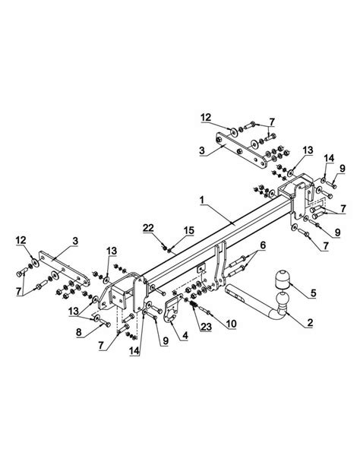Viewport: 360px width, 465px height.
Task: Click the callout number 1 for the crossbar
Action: (202, 200)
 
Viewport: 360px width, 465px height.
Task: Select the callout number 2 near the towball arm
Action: (310, 322)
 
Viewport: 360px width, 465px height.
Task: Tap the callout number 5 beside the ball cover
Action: (314, 293)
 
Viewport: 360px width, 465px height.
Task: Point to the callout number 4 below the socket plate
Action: (185, 336)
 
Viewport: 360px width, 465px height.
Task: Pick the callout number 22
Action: (148, 228)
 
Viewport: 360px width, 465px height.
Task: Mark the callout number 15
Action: (188, 230)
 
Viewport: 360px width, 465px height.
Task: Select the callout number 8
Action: (78, 332)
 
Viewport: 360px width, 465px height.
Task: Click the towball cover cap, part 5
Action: (282, 279)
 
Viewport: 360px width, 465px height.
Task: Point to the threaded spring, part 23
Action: (194, 305)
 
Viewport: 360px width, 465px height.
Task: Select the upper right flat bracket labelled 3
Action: (241, 151)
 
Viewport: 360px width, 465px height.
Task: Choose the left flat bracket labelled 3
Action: (64, 268)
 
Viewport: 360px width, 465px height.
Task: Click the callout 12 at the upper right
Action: (206, 118)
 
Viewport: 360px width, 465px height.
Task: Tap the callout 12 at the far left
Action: (21, 240)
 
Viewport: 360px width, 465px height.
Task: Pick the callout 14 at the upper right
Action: (329, 158)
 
